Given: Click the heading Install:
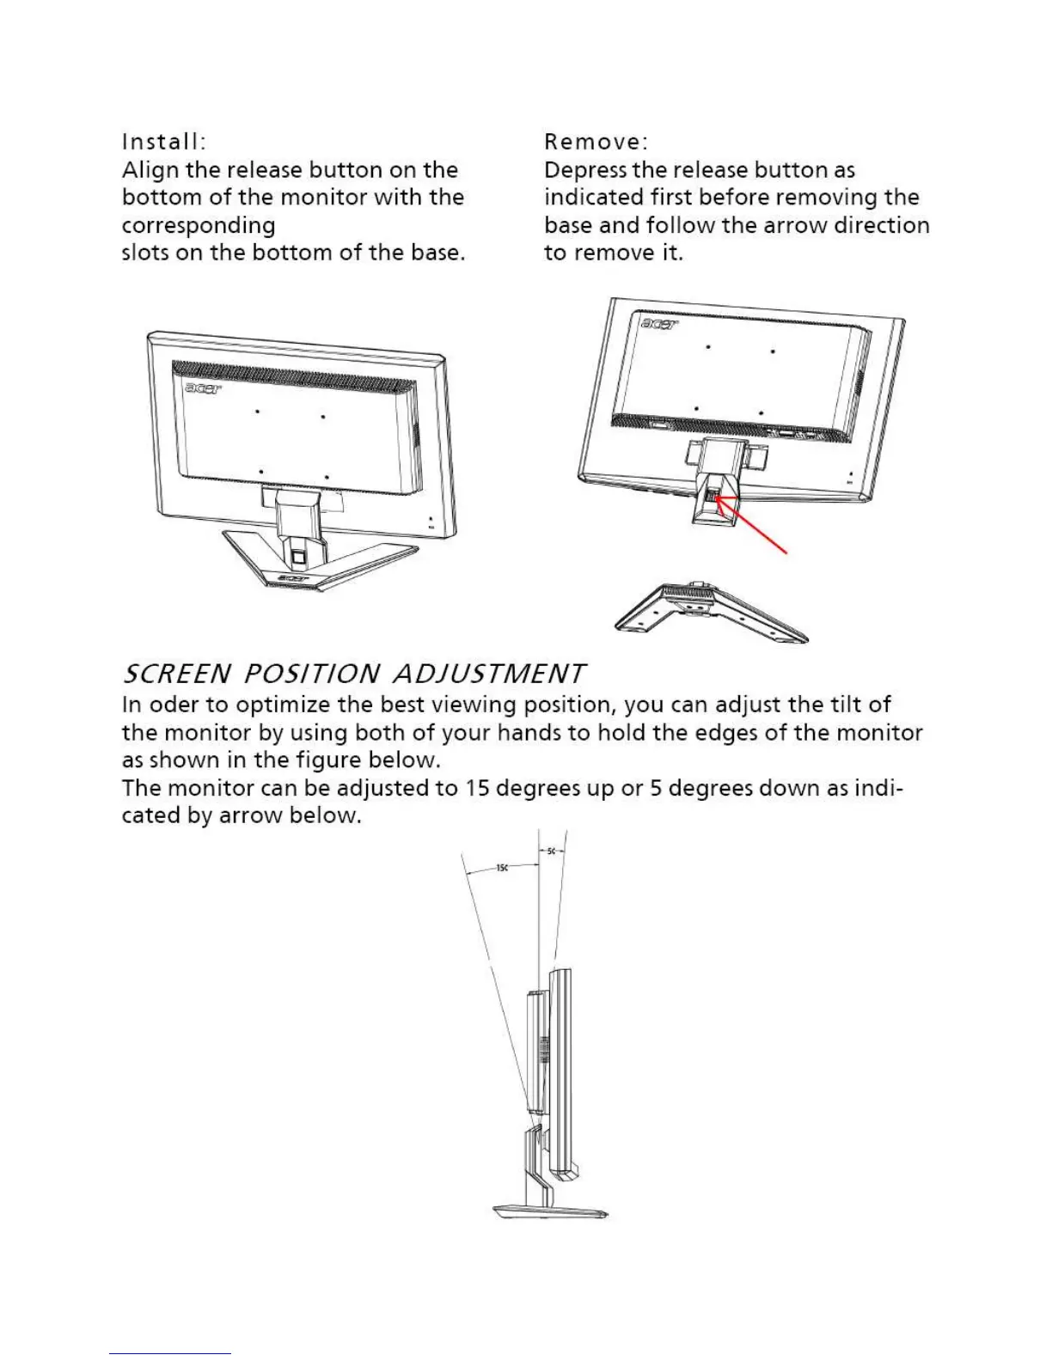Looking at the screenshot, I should tap(163, 141).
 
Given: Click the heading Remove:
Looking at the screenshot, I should tap(596, 141).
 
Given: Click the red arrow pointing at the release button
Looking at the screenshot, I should tap(755, 526).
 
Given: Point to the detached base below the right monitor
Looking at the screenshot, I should tap(710, 613).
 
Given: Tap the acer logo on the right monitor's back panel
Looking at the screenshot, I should tap(659, 324).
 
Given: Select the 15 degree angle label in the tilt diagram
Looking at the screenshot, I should tap(503, 868).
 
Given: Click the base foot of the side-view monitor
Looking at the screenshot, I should tap(551, 1212).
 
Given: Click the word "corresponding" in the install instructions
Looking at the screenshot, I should tap(199, 226).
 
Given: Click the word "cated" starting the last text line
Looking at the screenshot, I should tap(151, 815).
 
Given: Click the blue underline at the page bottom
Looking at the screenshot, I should tap(170, 1353).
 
